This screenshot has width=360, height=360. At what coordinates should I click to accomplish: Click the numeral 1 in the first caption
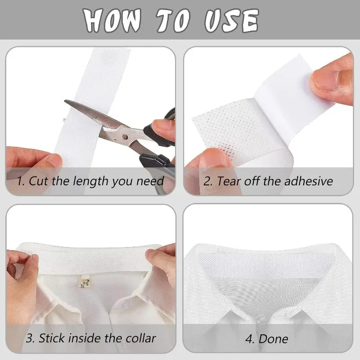19,181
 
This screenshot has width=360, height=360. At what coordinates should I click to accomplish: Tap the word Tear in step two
228,181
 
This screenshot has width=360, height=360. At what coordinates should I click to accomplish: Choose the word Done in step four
275,338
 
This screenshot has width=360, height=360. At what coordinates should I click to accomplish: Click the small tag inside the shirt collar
84,283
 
